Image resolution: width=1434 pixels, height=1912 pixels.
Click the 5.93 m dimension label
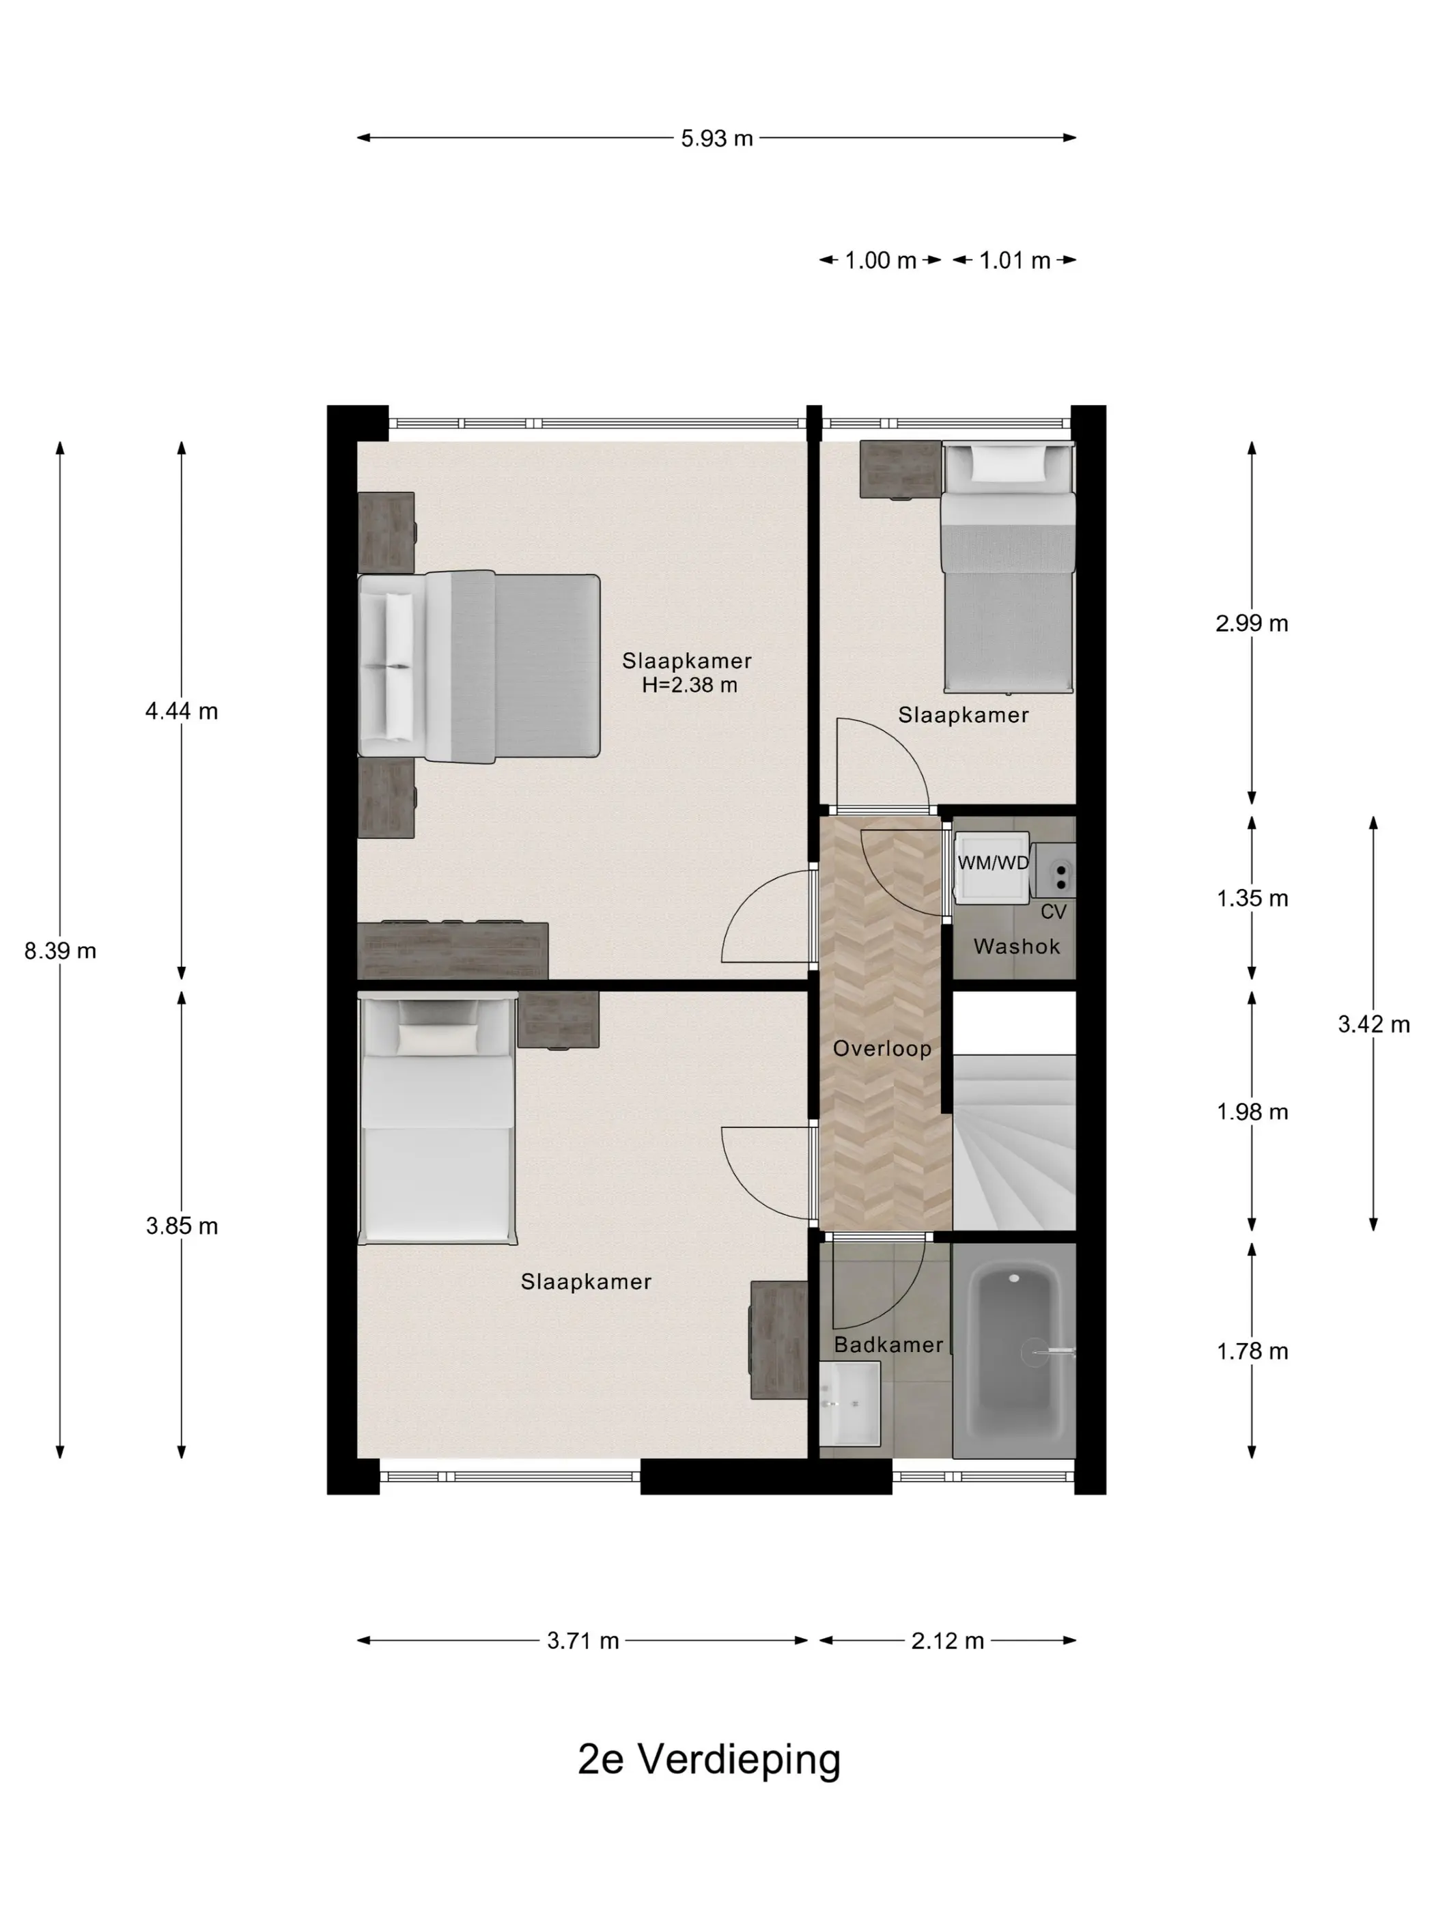click(716, 139)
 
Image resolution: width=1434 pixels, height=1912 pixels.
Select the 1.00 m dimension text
click(880, 260)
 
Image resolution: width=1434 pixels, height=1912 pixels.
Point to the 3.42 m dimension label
click(1373, 1024)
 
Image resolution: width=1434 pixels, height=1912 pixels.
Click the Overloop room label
click(882, 1048)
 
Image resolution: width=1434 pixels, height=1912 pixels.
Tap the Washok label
click(1017, 946)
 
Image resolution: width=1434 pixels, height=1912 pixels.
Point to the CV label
click(1053, 912)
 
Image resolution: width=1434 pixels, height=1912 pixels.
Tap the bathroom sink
click(849, 1404)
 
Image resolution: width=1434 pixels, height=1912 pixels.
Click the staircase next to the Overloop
click(1014, 1141)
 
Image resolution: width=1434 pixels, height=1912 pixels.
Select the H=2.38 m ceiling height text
click(690, 686)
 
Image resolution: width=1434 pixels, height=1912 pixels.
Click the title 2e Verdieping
click(709, 1758)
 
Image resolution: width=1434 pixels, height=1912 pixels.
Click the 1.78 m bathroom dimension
click(1252, 1351)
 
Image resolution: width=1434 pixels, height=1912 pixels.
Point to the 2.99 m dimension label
click(1252, 623)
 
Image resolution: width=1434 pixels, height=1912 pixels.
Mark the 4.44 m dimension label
click(182, 712)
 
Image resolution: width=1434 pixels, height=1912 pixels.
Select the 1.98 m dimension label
click(1252, 1112)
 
